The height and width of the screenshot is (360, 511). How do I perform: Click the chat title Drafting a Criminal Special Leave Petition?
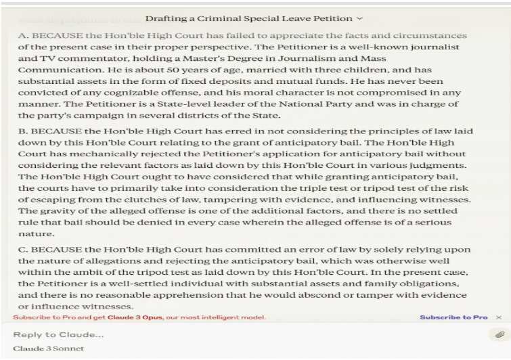[x=248, y=18]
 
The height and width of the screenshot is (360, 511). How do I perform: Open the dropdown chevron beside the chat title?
[x=359, y=18]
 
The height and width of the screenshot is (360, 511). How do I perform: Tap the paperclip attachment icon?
[x=499, y=334]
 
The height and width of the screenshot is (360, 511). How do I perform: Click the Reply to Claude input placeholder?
[x=60, y=335]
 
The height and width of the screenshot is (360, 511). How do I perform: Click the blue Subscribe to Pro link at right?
[x=453, y=317]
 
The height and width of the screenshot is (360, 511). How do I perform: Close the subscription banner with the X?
[x=499, y=317]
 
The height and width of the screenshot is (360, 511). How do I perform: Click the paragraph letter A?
[x=22, y=35]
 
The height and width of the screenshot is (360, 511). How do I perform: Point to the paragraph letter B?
[x=22, y=131]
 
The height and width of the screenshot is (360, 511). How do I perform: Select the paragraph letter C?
[x=22, y=249]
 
